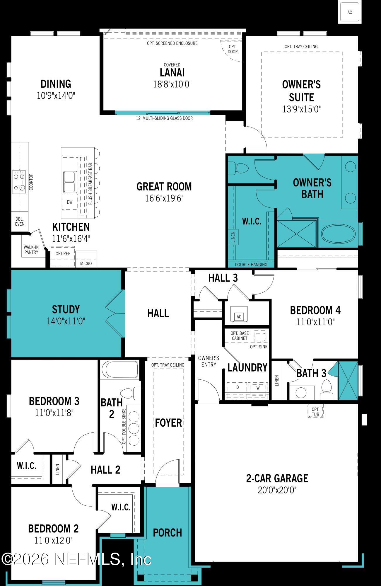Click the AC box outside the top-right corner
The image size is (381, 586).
tap(350, 12)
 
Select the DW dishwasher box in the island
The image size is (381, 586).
tap(70, 202)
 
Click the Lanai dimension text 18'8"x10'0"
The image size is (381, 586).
tap(172, 84)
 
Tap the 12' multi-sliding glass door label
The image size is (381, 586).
tap(164, 118)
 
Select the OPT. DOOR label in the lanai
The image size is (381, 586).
tap(233, 49)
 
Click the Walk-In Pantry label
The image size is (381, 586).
tap(31, 250)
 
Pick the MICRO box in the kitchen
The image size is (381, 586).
tap(86, 263)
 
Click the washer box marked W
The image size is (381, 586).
tap(258, 388)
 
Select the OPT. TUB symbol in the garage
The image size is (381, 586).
tap(315, 412)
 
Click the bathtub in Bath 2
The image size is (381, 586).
tap(119, 370)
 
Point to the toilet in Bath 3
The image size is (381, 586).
tap(326, 389)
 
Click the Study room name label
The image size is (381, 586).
tap(66, 309)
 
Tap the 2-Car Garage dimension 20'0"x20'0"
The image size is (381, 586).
tap(277, 490)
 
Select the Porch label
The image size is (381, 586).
tap(168, 532)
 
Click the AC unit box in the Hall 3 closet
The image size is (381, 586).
tap(239, 316)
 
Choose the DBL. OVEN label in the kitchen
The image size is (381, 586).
tap(20, 222)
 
